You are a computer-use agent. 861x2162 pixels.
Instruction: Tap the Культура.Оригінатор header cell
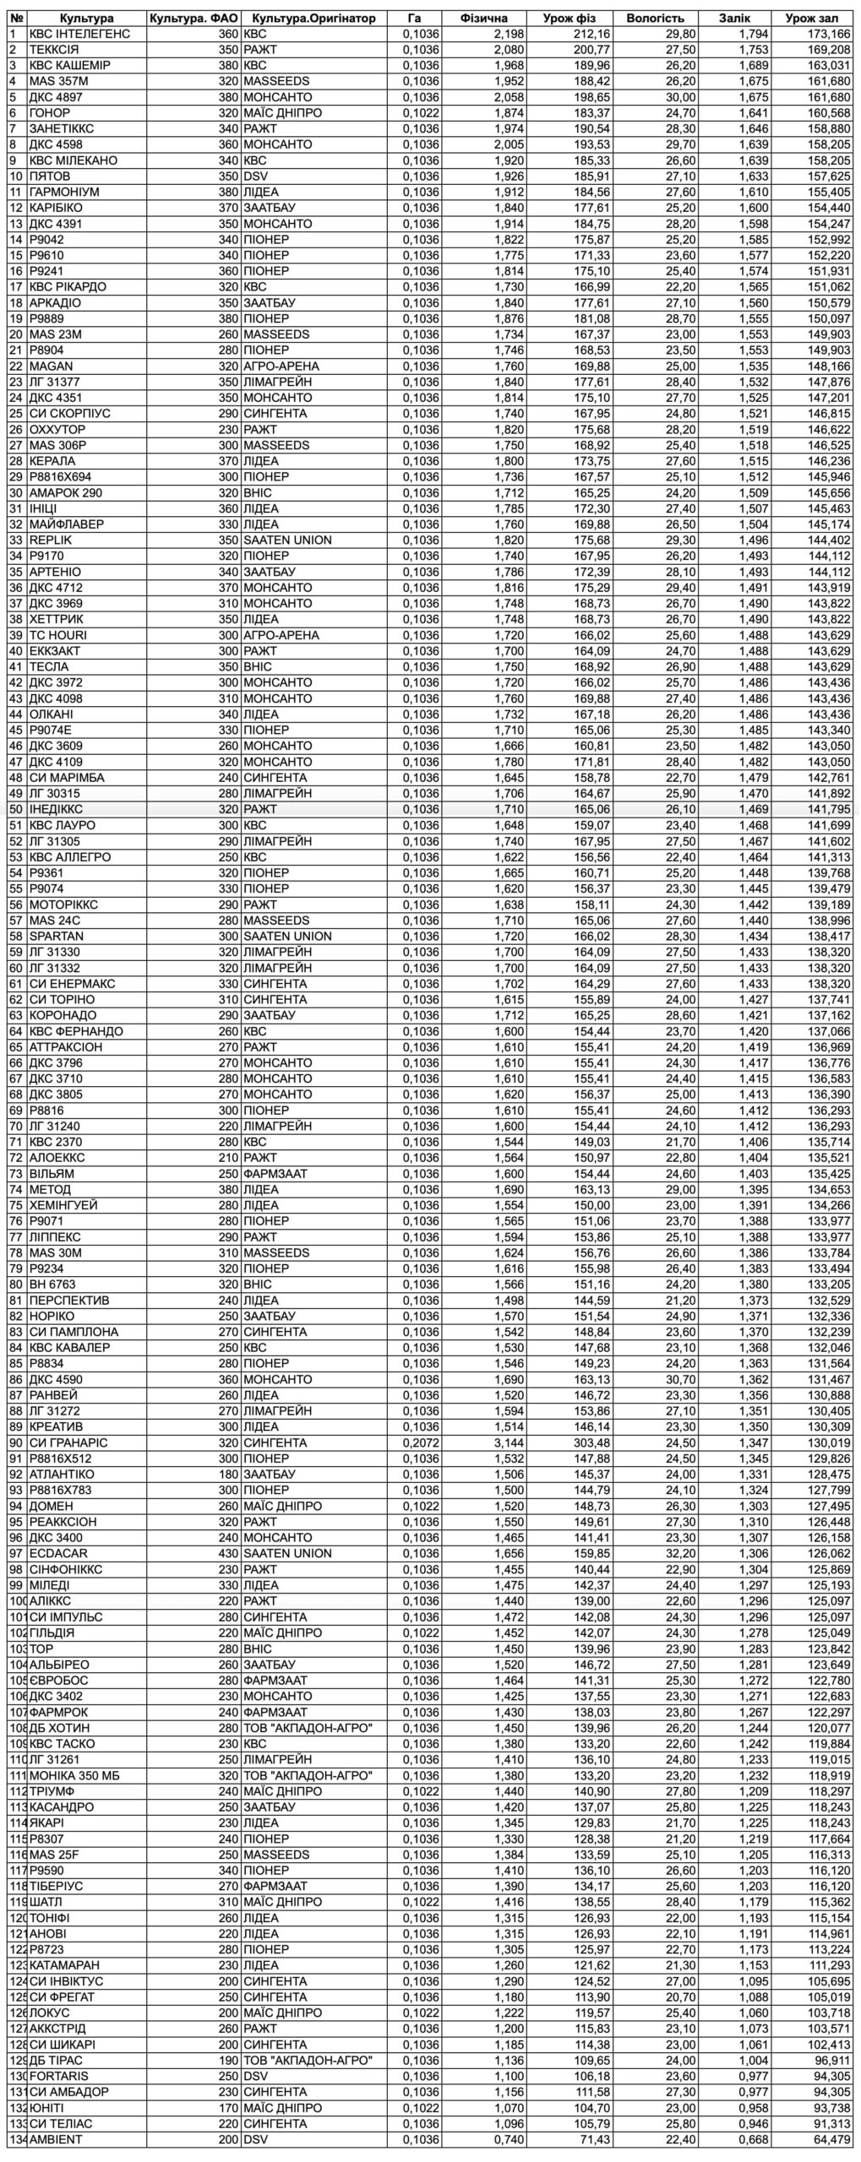(x=313, y=19)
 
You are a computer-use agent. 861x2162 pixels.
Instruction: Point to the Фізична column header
(x=485, y=19)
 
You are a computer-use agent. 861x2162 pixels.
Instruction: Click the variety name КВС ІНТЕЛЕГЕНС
(x=79, y=34)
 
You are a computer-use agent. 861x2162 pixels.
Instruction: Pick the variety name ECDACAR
(x=58, y=1553)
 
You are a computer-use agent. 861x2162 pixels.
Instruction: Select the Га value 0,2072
(x=421, y=1442)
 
